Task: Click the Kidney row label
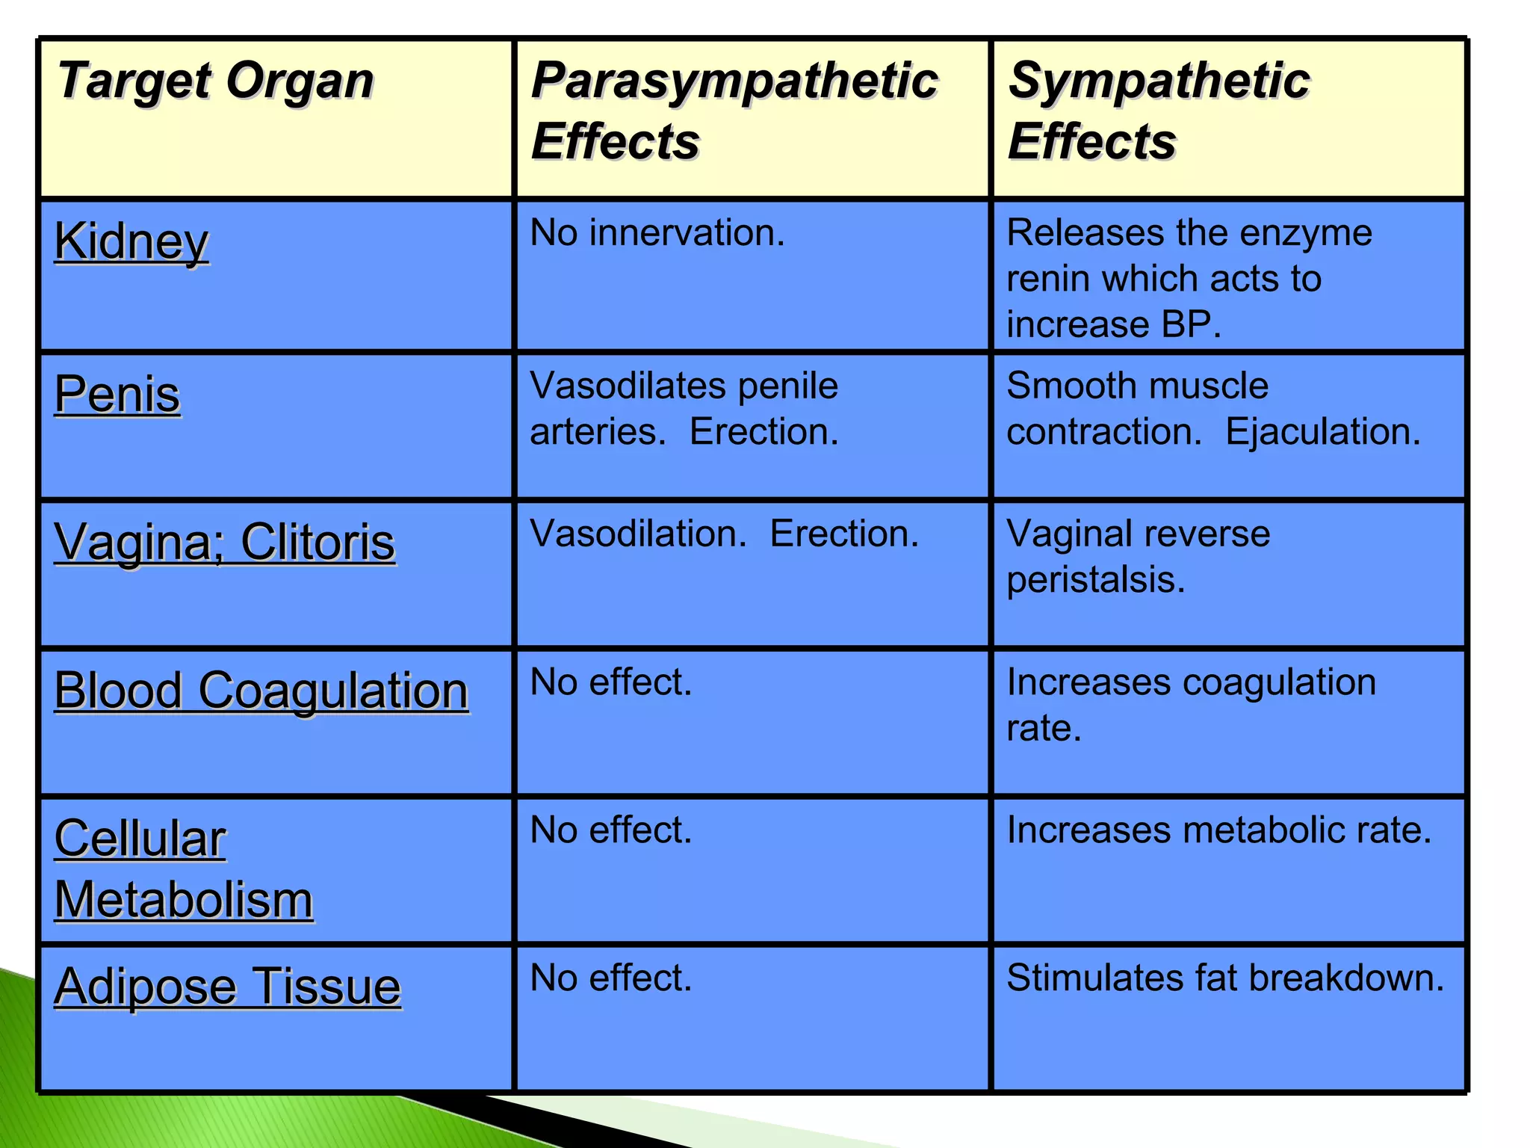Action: (x=131, y=242)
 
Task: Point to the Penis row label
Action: (x=117, y=394)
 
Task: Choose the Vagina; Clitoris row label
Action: (x=224, y=542)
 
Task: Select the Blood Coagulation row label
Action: (x=261, y=690)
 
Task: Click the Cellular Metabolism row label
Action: (x=183, y=869)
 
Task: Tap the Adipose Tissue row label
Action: (x=227, y=987)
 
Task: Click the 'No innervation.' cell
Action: (x=657, y=233)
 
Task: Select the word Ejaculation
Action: (x=1322, y=432)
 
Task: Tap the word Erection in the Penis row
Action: (x=764, y=432)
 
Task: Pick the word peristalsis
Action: (x=1095, y=580)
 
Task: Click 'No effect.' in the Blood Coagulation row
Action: (x=611, y=682)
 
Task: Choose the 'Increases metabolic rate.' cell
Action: (x=1218, y=830)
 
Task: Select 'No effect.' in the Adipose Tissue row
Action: (x=611, y=978)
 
